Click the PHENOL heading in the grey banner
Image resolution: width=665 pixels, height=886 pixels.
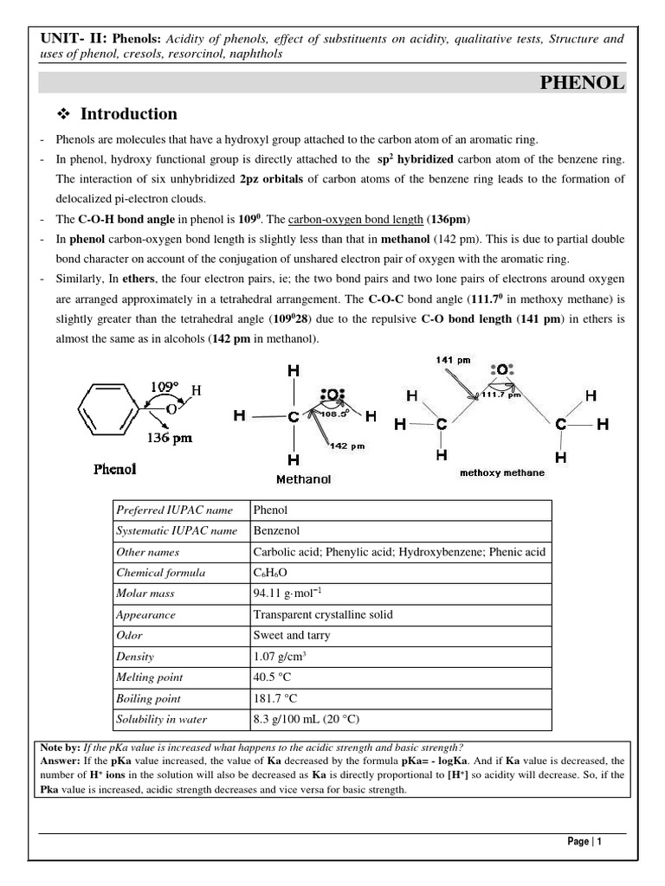pos(582,83)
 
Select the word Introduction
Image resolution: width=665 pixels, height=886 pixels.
pos(128,114)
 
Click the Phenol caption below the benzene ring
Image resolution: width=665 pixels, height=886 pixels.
pos(115,470)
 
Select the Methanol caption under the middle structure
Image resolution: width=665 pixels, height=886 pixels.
pos(303,478)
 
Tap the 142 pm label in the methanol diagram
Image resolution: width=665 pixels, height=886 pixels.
pos(346,446)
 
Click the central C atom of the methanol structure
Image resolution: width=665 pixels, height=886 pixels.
pos(294,416)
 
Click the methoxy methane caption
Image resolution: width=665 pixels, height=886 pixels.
pos(502,473)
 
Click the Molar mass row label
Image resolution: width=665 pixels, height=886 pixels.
pos(145,594)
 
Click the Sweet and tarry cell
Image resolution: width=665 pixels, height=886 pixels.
pos(291,635)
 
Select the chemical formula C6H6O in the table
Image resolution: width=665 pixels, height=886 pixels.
pos(270,573)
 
